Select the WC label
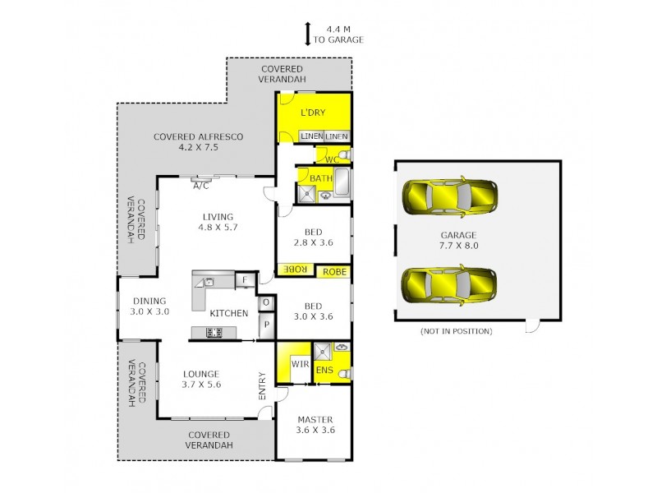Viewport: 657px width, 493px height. coord(332,158)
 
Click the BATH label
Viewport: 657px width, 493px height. coord(320,178)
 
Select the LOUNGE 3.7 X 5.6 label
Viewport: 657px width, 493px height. coord(202,379)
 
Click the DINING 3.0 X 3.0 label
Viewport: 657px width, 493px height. coord(150,306)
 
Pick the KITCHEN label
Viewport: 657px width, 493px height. coord(228,313)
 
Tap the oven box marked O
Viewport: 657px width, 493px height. coord(266,302)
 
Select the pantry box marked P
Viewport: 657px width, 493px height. coord(266,325)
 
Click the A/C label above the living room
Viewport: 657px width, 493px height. coord(200,186)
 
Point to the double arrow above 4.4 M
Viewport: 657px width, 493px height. coord(307,34)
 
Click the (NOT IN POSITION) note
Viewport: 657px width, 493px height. coord(456,331)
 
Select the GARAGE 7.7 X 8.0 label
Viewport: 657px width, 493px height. coord(457,240)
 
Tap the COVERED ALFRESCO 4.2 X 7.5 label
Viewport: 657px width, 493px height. coord(198,142)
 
